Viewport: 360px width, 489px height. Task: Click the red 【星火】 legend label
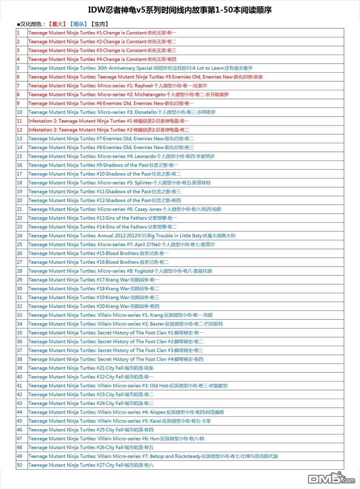click(56, 24)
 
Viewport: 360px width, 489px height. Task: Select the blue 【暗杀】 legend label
click(79, 24)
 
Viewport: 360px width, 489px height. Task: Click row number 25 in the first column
click(20, 244)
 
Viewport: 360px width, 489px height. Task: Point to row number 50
click(20, 465)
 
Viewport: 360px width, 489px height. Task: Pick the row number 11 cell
click(20, 121)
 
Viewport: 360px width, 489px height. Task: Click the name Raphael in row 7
click(143, 86)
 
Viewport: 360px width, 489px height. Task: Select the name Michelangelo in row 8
click(150, 95)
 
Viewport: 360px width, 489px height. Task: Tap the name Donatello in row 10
click(145, 112)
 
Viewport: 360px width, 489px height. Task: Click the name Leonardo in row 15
click(145, 156)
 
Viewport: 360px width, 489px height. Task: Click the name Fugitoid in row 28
click(144, 271)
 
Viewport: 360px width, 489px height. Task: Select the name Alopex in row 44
click(157, 412)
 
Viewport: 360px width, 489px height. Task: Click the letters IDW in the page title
click(95, 10)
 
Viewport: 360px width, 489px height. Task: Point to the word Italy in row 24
click(194, 236)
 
